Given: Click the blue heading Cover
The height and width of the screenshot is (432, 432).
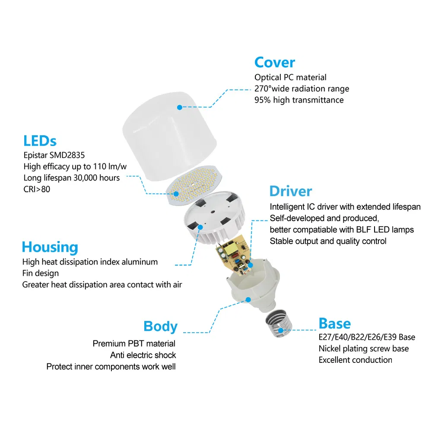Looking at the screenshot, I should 274,62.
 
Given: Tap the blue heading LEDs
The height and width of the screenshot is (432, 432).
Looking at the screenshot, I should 40,141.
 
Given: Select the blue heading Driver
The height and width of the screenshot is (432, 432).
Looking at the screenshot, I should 290,191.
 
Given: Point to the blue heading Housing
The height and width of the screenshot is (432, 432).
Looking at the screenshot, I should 50,247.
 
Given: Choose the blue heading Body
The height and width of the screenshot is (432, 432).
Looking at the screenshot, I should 160,326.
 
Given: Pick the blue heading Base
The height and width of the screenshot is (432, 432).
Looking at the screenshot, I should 334,323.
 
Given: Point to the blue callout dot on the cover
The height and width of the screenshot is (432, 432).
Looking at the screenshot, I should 180,106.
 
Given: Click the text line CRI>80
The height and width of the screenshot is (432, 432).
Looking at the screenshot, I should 37,189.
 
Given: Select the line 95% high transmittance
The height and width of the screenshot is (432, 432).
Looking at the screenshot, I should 299,100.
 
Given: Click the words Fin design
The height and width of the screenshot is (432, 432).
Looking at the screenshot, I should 41,273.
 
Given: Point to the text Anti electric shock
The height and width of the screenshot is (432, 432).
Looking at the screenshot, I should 143,355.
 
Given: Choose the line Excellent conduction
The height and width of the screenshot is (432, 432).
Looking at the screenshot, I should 355,360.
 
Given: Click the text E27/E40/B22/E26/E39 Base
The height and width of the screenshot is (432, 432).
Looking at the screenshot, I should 367,337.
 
